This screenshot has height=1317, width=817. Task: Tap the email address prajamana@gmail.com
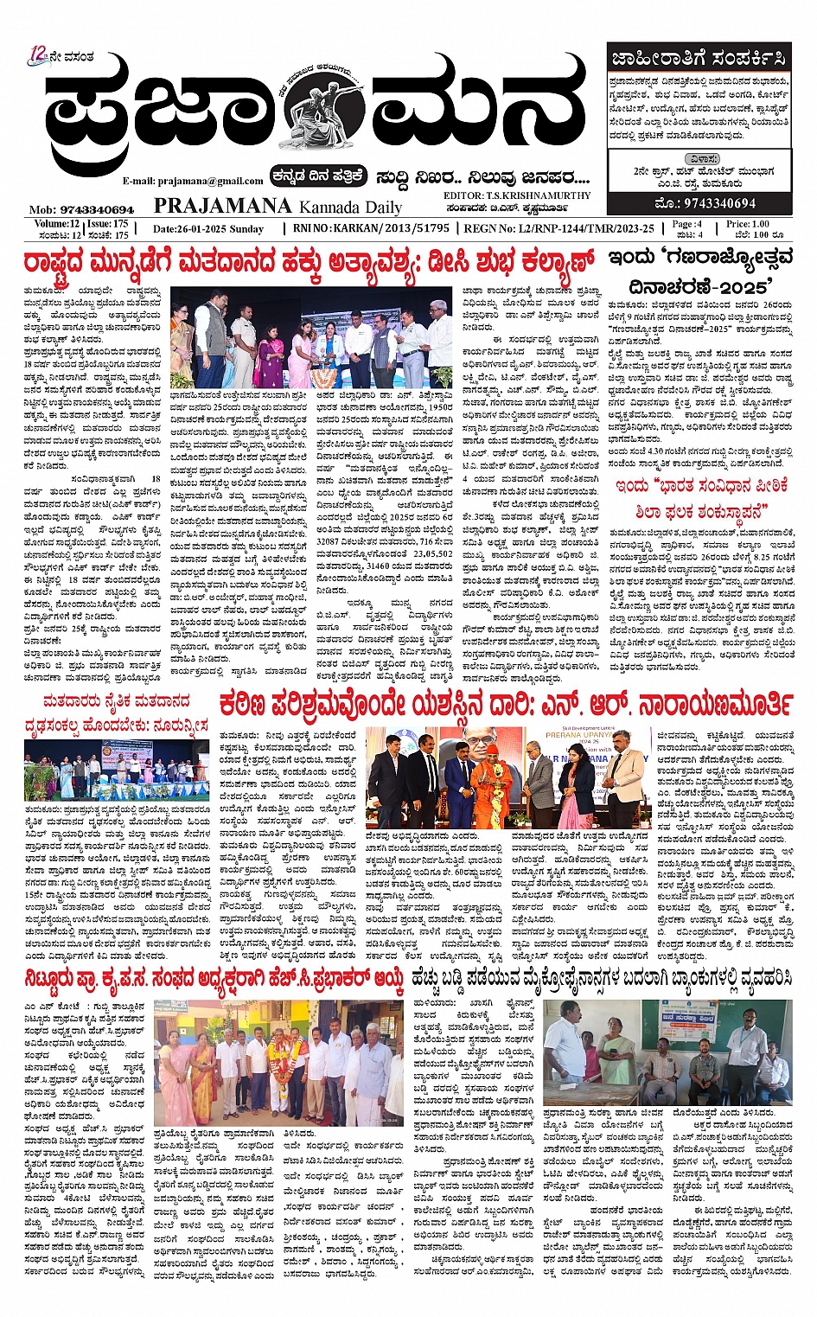click(x=192, y=181)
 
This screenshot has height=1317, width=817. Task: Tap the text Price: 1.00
click(x=748, y=223)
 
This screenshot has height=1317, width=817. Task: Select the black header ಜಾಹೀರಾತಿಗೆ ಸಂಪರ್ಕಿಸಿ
click(x=699, y=59)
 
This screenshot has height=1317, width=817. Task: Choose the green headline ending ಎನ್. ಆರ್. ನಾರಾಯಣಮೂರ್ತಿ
click(x=505, y=704)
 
